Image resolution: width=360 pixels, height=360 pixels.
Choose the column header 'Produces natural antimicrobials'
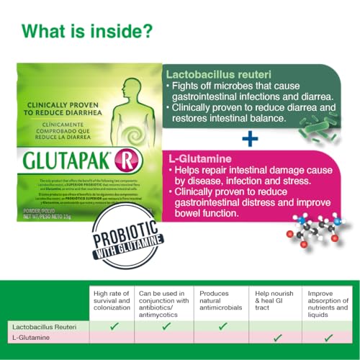click(218, 300)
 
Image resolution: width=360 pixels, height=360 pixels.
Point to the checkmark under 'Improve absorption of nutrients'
click(328, 337)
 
